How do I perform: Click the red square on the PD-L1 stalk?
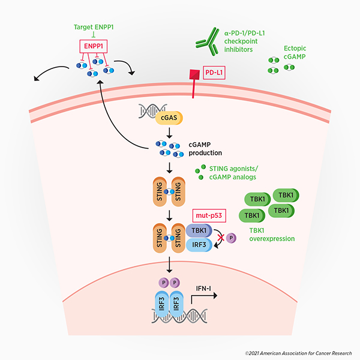click(x=194, y=75)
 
